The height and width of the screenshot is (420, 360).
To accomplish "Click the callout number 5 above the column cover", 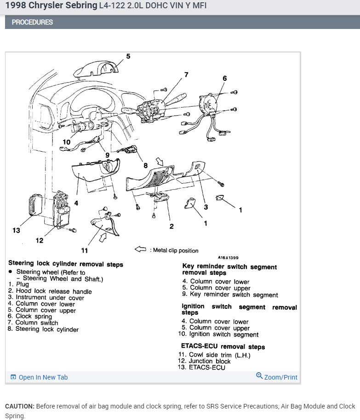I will tap(128, 57).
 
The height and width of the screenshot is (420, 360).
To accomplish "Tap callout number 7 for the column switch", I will tap(186, 74).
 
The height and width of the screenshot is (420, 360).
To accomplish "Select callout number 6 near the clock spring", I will tap(224, 79).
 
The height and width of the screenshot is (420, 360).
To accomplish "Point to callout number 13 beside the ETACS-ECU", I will tap(17, 230).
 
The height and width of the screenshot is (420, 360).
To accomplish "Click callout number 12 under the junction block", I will tap(40, 240).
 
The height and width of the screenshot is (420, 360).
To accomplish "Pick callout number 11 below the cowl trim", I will tap(84, 250).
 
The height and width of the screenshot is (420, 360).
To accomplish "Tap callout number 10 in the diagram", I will tap(67, 142).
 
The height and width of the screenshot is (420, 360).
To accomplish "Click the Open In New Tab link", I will tap(43, 377).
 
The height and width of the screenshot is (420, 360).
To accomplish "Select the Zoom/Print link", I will tap(280, 377).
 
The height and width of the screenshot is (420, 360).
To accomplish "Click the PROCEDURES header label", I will tap(32, 22).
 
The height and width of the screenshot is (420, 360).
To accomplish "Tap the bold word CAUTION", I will tap(19, 406).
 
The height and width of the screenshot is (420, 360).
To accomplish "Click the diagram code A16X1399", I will tap(228, 258).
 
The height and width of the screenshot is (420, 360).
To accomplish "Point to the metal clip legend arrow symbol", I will tap(140, 250).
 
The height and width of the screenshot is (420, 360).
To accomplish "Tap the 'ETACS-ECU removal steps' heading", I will tap(223, 346).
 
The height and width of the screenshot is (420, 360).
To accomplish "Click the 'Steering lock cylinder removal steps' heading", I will tap(66, 264).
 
